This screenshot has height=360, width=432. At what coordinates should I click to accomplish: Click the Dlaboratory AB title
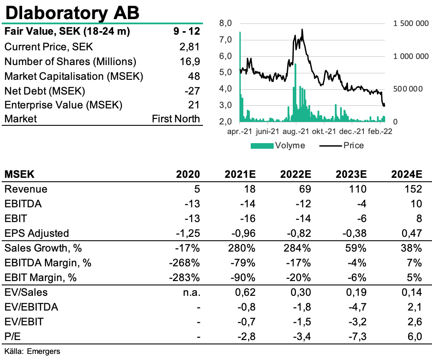[x=72, y=13]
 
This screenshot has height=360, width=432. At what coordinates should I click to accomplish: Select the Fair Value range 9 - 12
[x=187, y=31]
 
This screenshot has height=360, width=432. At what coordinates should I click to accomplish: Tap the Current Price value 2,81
[x=189, y=47]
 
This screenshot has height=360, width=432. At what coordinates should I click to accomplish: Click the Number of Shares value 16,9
[x=190, y=62]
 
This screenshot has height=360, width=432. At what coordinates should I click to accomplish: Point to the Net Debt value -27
[x=192, y=91]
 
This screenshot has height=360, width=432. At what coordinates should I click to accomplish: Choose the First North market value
[x=176, y=119]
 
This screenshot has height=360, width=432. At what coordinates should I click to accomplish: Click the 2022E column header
[x=295, y=174]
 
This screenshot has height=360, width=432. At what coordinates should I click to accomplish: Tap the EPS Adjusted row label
[x=36, y=233]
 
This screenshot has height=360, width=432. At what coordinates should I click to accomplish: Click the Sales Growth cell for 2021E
[x=242, y=248]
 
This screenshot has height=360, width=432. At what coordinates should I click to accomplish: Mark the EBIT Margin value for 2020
[x=184, y=277]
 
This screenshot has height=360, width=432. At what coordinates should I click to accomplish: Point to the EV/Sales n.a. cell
[x=191, y=292]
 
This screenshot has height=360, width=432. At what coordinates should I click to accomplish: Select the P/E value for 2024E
[x=415, y=336]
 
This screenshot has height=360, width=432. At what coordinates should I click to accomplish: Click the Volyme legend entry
[x=278, y=145]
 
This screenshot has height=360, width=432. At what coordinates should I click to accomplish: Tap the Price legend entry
[x=341, y=145]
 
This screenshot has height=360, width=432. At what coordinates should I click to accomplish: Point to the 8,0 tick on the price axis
[x=226, y=23]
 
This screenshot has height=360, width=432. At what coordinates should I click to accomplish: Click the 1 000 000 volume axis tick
[x=411, y=56]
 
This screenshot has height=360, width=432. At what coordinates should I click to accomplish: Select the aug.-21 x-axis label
[x=296, y=131]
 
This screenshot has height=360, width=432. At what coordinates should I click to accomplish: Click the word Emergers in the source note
[x=43, y=351]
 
